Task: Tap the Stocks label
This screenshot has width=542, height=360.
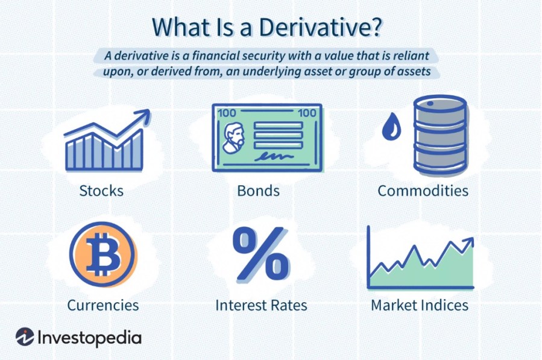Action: [x=101, y=191]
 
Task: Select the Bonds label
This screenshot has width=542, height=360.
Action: [x=258, y=191]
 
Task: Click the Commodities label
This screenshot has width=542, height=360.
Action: [x=423, y=191]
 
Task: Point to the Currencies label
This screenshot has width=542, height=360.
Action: [x=102, y=305]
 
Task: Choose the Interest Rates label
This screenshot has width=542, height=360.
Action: [x=261, y=305]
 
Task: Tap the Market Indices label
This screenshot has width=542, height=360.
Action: [x=419, y=305]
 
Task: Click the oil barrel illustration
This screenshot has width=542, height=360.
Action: [x=440, y=136]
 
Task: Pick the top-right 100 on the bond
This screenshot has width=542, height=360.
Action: [x=307, y=113]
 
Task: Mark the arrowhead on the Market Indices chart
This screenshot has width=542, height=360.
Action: [x=468, y=242]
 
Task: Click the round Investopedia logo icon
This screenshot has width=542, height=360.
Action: [x=25, y=337]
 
